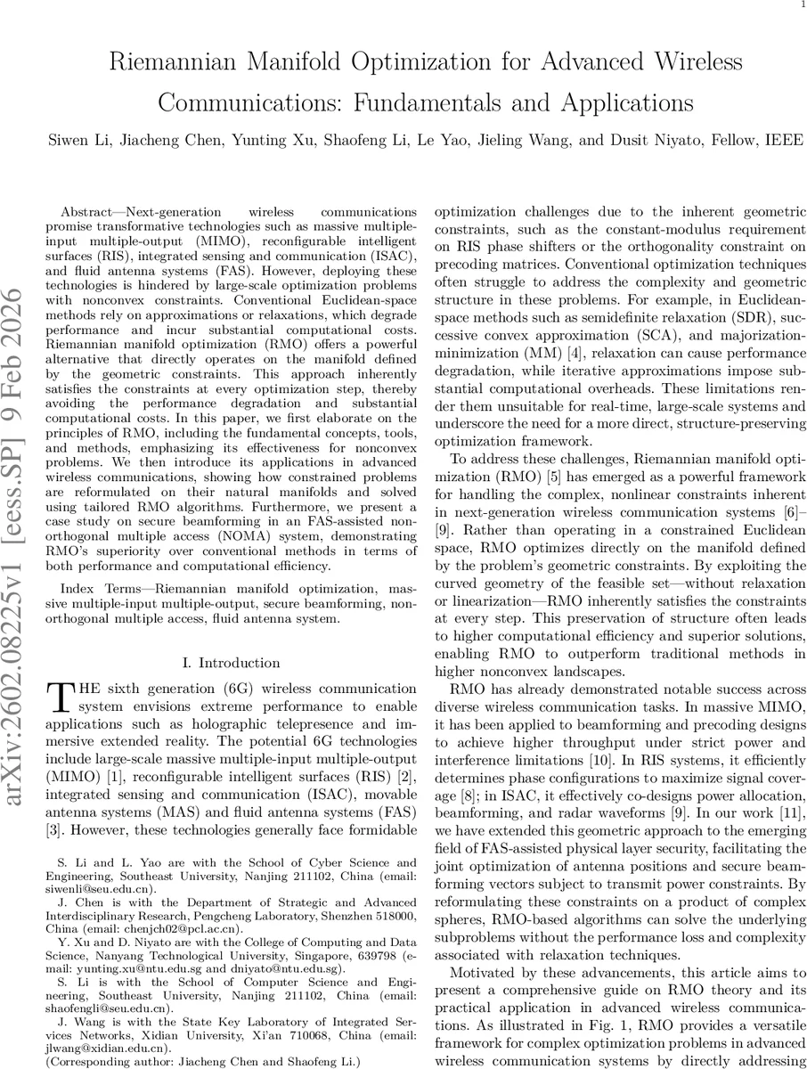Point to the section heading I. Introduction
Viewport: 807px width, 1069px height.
click(230, 663)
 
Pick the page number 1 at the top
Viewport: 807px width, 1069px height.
click(800, 7)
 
